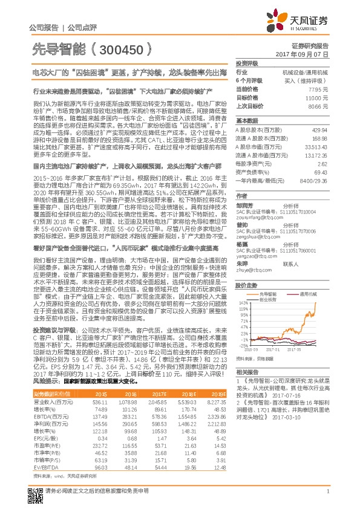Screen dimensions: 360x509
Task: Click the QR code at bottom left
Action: click(x=33, y=487)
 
